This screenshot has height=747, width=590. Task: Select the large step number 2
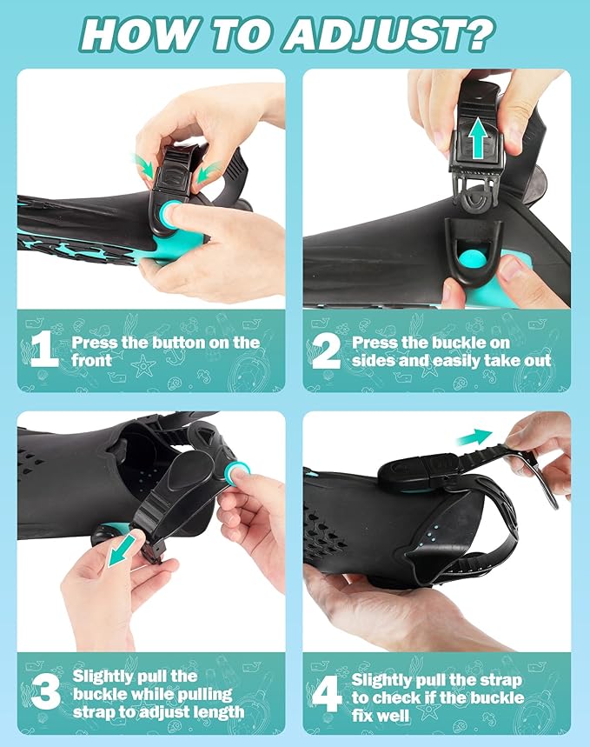[x=326, y=350]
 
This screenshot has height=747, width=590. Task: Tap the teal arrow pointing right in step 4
[x=474, y=437]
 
